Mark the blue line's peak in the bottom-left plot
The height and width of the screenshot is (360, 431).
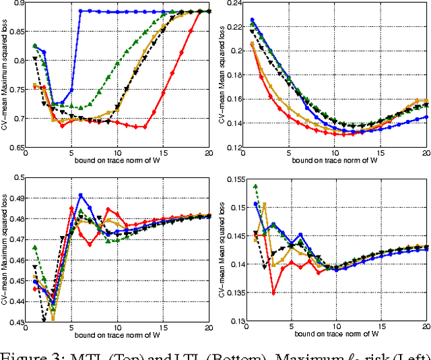click(81, 195)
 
